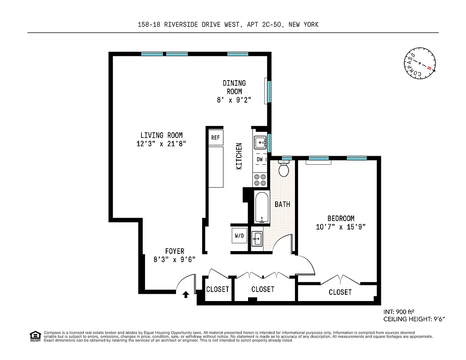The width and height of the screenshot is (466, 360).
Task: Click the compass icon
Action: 420,63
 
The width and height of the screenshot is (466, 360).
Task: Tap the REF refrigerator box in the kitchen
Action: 215,137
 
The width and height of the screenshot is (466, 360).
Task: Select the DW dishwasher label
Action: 260,159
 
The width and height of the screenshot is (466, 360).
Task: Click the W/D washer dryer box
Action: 239,235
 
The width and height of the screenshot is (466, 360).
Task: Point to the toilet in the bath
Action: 284,170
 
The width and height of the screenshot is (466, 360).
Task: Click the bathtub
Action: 261,207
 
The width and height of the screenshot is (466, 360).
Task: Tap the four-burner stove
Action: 260,180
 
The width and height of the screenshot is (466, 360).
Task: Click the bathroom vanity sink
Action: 257,238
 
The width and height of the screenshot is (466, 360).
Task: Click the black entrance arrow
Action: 185,295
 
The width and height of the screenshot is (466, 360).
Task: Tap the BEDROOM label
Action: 340,218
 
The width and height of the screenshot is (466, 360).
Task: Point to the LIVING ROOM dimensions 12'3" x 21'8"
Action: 161,144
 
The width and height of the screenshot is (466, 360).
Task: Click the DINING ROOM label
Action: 234,87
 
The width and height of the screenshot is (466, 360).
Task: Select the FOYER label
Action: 174,251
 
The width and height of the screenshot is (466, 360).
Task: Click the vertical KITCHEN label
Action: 239,156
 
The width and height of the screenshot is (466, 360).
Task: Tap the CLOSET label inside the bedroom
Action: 340,292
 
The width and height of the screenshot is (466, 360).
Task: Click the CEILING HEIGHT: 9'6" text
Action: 414,319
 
